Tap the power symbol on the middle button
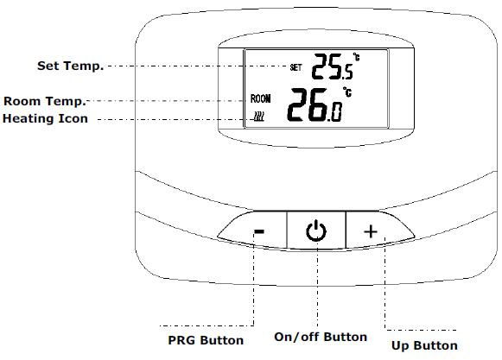click(316, 231)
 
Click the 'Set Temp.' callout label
click(71, 66)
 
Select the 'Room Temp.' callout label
click(45, 101)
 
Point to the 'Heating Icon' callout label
click(45, 118)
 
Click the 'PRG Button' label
click(206, 340)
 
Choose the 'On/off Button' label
click(321, 337)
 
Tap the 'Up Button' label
click(424, 345)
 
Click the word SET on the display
click(295, 67)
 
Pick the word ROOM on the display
click(260, 98)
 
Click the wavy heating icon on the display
click(258, 117)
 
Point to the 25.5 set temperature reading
click(333, 66)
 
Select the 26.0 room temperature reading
click(315, 104)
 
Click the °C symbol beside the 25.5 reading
click(356, 57)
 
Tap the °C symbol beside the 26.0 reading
click(347, 92)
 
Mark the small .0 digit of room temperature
click(334, 112)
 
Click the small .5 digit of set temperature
click(347, 73)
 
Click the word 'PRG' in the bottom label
click(181, 340)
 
